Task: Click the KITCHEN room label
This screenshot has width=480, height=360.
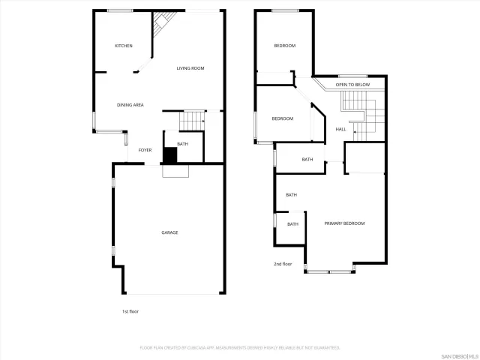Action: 124,46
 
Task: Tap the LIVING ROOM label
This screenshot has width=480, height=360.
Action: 190,69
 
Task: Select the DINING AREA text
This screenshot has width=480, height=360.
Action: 130,105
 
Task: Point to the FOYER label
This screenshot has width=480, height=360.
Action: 145,150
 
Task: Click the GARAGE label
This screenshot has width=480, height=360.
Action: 169,232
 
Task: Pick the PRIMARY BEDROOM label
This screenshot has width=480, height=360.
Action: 344,224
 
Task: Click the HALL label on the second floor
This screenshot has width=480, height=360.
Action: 340,130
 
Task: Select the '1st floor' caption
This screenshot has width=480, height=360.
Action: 130,311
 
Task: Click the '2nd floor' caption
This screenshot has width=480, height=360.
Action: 282,264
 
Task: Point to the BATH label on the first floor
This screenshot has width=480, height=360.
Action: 182,144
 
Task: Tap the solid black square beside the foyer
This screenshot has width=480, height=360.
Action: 169,155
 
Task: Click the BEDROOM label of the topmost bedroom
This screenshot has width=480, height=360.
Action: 284,46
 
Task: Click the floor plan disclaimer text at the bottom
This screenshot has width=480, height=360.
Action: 240,348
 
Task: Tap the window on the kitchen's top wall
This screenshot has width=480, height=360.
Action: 120,10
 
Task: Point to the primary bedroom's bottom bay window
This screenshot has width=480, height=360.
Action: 330,271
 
